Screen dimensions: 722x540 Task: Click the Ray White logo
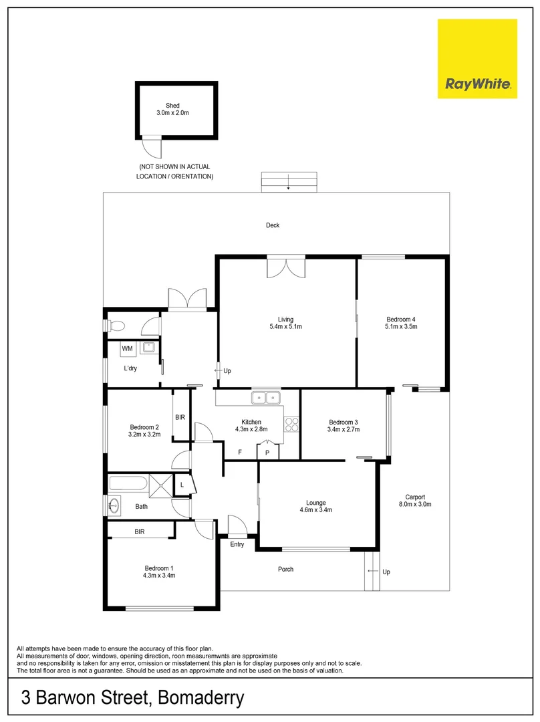pyautogui.click(x=477, y=59)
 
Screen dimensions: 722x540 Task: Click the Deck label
pyautogui.click(x=272, y=225)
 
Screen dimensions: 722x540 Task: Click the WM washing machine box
pyautogui.click(x=126, y=348)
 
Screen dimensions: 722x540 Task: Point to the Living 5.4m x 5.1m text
pyautogui.click(x=286, y=324)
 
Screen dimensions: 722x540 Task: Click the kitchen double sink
pyautogui.click(x=267, y=398)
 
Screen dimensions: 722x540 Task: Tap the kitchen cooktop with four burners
pyautogui.click(x=291, y=426)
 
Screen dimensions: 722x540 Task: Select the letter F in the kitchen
pyautogui.click(x=240, y=453)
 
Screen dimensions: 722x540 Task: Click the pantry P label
pyautogui.click(x=267, y=453)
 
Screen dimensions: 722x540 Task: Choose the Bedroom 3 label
pyautogui.click(x=344, y=426)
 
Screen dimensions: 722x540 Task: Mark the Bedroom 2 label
pyautogui.click(x=144, y=431)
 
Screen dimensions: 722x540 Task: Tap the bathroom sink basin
pyautogui.click(x=115, y=506)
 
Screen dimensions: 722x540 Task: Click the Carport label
pyautogui.click(x=415, y=501)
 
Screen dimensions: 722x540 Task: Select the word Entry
pyautogui.click(x=237, y=545)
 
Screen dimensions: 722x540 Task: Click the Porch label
pyautogui.click(x=285, y=570)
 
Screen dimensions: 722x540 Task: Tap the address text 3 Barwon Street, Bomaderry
pyautogui.click(x=132, y=699)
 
